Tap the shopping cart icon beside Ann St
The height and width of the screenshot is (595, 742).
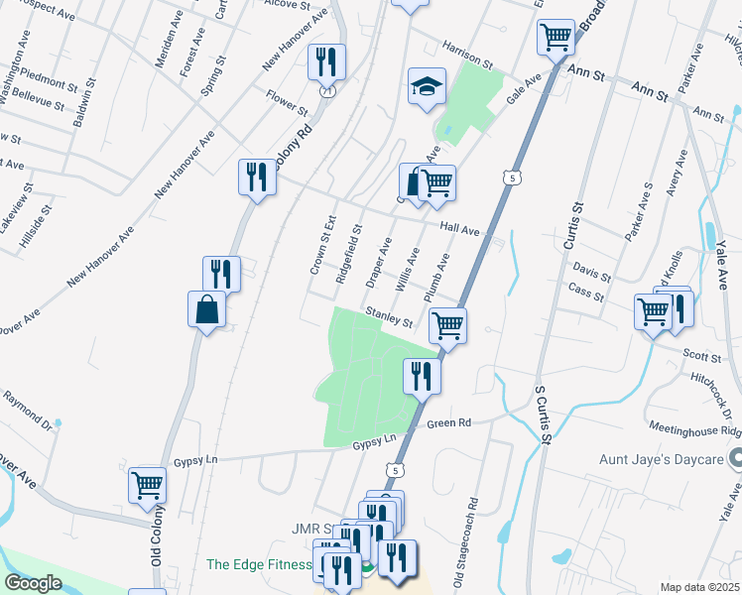click(x=556, y=38)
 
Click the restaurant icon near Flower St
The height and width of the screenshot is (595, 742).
click(x=325, y=60)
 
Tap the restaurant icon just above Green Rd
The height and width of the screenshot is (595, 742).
click(x=422, y=375)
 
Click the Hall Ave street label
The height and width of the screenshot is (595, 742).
click(x=460, y=230)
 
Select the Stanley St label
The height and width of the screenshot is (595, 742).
click(x=388, y=316)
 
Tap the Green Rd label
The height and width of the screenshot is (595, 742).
click(x=448, y=424)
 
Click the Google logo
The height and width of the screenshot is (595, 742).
click(x=33, y=583)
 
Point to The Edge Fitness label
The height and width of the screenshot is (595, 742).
click(x=258, y=565)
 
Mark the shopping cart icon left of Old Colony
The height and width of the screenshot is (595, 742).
click(x=147, y=485)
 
